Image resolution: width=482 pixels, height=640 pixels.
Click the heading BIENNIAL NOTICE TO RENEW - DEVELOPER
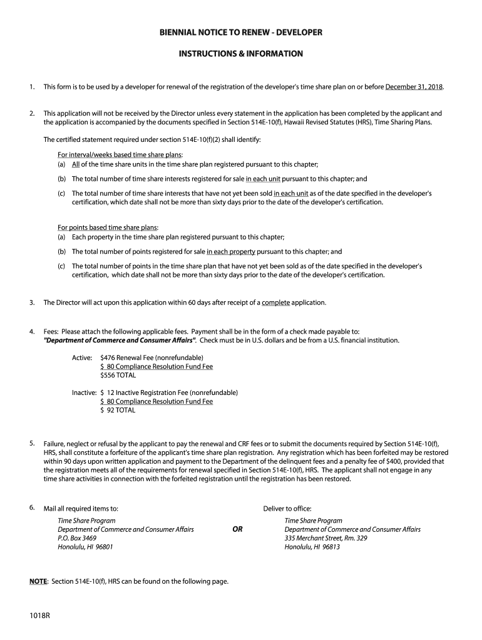click(241, 32)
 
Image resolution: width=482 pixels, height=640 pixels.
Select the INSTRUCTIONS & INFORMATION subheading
click(241, 54)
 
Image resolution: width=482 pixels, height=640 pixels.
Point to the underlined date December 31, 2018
click(414, 86)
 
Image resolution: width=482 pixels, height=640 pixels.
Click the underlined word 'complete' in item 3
click(275, 302)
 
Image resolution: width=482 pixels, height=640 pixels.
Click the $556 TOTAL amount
click(118, 375)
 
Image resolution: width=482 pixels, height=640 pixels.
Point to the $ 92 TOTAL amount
click(118, 411)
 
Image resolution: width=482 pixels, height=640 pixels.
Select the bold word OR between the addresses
click(238, 529)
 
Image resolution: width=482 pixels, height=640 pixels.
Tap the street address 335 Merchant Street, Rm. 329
click(326, 538)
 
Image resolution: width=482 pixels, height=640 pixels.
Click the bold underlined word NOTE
click(38, 582)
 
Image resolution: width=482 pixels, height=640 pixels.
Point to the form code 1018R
click(39, 616)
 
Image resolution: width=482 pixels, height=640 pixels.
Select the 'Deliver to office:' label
click(287, 508)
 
